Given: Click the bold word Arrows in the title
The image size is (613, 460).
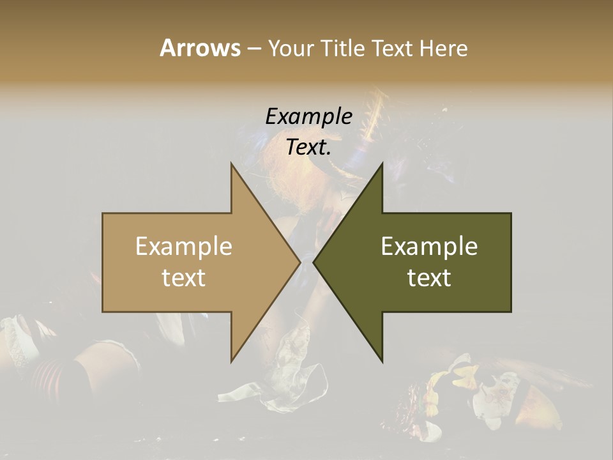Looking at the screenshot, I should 200,48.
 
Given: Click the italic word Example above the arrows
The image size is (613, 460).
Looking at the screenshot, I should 308,117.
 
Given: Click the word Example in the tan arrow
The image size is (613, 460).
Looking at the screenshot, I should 184,247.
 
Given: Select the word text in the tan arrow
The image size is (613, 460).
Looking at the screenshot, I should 184,278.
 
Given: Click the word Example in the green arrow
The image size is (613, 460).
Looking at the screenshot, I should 429,247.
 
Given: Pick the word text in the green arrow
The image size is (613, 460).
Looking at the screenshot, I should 429,278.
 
